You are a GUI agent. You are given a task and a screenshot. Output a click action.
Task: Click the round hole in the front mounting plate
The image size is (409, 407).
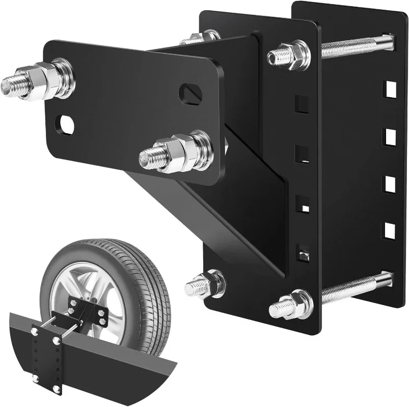[66, 123]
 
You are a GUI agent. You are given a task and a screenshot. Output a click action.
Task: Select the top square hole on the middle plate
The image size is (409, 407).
[302, 104]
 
